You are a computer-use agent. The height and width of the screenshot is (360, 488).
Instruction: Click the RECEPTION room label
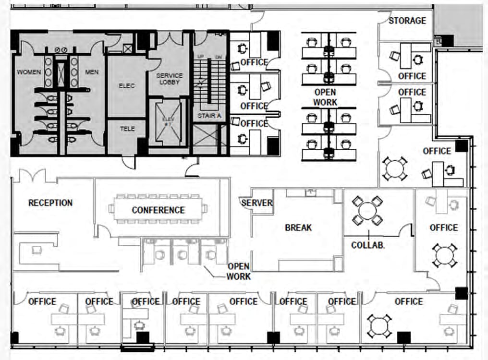[x=50, y=203]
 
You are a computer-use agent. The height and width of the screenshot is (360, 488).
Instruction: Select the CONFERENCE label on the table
[x=158, y=210]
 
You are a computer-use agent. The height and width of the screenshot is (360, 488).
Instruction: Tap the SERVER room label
[x=257, y=203]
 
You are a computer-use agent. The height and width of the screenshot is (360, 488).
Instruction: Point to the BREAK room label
[x=298, y=228]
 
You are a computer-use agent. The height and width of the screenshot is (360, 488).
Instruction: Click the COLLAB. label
[x=367, y=245]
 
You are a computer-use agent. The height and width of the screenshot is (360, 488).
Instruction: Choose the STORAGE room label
[x=407, y=21]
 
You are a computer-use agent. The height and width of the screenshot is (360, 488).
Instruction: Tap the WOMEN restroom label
[x=29, y=72]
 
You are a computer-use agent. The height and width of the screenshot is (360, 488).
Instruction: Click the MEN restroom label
[x=92, y=72]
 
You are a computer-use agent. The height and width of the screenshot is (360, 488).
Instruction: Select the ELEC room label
[x=127, y=86]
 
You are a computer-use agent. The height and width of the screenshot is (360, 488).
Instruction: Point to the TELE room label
[x=127, y=129]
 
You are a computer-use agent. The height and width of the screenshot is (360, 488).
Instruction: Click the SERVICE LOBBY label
[x=170, y=79]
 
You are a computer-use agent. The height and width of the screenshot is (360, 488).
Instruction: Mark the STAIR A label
[x=209, y=116]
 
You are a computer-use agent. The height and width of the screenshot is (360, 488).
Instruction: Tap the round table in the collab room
[x=367, y=211]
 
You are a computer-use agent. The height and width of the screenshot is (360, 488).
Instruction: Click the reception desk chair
[x=37, y=250]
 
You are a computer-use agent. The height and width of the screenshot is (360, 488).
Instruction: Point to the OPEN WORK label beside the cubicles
[x=325, y=97]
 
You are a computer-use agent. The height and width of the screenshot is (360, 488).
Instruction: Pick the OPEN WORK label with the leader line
[x=239, y=271]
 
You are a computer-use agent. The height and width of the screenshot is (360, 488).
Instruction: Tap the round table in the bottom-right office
[x=379, y=326]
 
